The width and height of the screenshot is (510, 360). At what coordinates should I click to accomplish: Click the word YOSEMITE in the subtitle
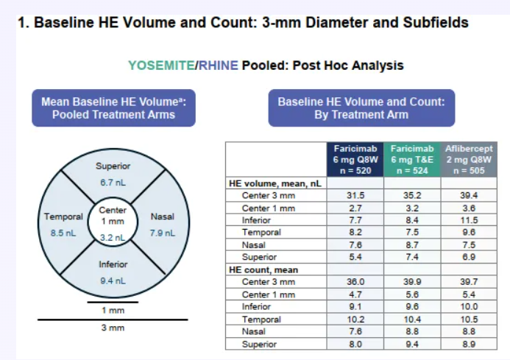point(161,66)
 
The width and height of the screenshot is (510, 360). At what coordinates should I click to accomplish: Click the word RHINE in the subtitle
point(219,66)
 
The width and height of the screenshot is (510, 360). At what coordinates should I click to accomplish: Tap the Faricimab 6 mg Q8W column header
point(355,160)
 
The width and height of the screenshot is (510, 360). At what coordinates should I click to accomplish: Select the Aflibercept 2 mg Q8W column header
point(469,160)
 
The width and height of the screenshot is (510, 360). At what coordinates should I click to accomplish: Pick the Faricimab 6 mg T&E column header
point(412,160)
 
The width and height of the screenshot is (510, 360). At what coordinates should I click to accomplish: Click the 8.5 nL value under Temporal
point(63,233)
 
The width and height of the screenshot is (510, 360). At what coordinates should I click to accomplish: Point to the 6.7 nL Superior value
point(113,183)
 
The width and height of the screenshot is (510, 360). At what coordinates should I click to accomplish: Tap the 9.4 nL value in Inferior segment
point(113,280)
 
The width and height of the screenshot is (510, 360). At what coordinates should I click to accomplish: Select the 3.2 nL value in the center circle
point(113,237)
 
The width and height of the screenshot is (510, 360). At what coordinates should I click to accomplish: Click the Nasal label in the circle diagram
point(163,216)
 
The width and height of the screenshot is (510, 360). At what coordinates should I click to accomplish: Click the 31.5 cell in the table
point(355,195)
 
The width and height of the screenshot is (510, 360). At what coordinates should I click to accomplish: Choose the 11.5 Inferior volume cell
point(469,220)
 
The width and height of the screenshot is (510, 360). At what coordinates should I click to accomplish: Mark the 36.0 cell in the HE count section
point(355,281)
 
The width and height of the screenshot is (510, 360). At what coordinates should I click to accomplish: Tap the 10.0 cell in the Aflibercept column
point(469,306)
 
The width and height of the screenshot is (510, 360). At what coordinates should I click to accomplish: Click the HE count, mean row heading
point(263,270)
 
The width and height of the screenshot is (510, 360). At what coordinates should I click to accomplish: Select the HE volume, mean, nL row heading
point(275,183)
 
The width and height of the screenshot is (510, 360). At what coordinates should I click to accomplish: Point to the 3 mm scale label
point(113,328)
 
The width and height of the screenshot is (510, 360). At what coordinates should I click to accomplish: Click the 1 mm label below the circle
point(113,310)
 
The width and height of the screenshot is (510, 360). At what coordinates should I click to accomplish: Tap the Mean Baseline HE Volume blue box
point(113,108)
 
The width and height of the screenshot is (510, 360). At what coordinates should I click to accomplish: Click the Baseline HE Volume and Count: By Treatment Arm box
point(361,108)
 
